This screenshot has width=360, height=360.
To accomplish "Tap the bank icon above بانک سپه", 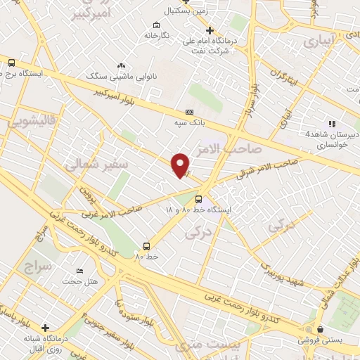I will point(188,112).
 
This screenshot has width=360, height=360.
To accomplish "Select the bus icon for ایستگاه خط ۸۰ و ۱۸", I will point(199,199).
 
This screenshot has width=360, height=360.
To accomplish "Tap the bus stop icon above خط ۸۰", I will point(146,246).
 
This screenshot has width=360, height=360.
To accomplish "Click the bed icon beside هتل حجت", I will point(79,271).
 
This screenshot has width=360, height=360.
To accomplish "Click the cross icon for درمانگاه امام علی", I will point(209,30).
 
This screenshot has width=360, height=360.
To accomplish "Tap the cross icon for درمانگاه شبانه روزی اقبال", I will point(46,328).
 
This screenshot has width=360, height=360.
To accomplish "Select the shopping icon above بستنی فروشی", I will point(321,329).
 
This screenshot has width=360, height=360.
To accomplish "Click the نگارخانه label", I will point(157,34).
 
